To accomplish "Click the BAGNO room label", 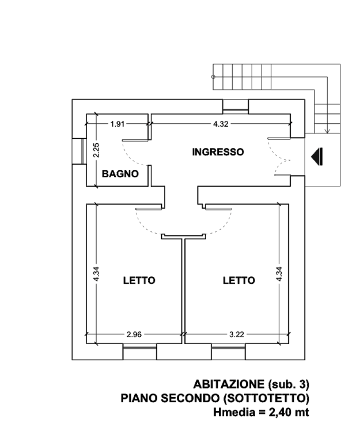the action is click(120, 174).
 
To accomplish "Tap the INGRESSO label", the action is click(218, 152).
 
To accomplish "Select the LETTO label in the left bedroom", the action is click(139, 280).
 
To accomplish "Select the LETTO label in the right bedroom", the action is click(239, 280).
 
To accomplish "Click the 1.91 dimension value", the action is click(118, 124).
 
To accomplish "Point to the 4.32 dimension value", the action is click(221, 124).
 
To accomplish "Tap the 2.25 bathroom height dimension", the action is click(96, 150).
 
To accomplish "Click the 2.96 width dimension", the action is click(134, 334).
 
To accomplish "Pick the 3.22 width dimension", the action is click(236, 334).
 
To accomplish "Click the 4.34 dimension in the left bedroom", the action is click(96, 274).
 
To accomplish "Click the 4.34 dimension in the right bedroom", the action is click(279, 274).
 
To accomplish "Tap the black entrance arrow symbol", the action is click(317, 157).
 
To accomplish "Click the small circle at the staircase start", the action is click(213, 77).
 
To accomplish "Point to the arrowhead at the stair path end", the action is click(327, 131).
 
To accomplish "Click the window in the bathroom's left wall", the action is click(79, 151).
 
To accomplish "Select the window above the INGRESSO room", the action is click(236, 107).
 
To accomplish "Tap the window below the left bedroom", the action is click(139, 352).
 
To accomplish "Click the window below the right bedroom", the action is click(228, 352).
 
